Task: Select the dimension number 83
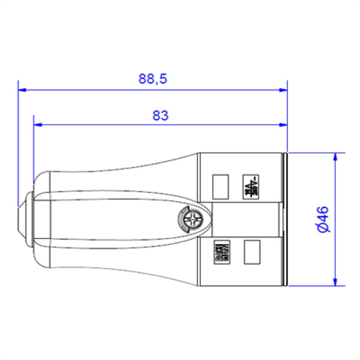(160, 116)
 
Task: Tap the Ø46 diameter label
(323, 220)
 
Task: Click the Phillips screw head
(193, 220)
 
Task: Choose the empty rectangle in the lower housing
(252, 252)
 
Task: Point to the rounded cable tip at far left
(21, 220)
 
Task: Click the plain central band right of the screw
(247, 220)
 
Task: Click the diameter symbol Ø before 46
(323, 228)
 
